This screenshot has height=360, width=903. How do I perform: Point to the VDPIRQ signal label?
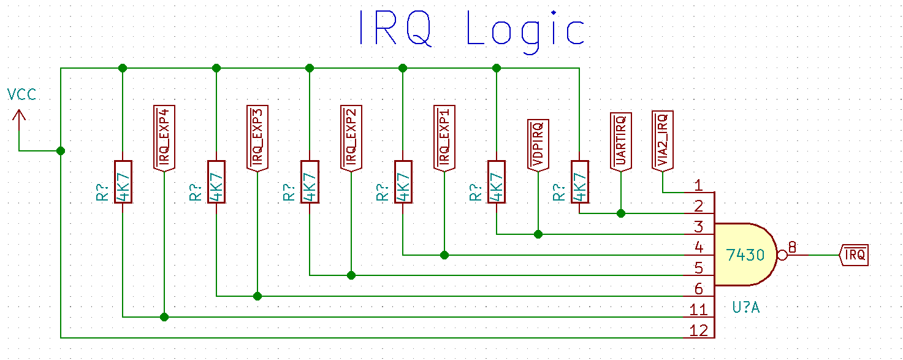tap(538, 144)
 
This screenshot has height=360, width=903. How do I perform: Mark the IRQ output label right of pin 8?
tap(854, 255)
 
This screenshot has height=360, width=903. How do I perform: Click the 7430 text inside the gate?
tap(745, 255)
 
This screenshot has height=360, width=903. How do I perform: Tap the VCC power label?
tap(21, 94)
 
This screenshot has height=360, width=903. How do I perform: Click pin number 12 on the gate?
tap(698, 331)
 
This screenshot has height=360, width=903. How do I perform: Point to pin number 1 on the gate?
tap(698, 185)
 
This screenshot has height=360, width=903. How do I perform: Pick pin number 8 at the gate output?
tap(792, 247)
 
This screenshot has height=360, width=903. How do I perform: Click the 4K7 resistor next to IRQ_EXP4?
tap(123, 182)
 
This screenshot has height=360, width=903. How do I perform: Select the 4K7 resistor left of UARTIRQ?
tap(579, 182)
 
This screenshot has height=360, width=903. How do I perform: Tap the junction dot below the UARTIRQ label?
tap(620, 213)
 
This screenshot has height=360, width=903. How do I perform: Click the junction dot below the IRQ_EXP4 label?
tap(164, 317)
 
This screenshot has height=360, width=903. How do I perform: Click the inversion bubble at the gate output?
tap(781, 255)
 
